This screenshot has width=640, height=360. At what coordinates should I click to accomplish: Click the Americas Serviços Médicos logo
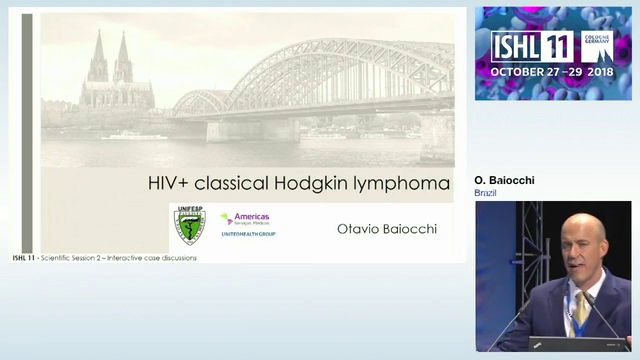click(246, 223)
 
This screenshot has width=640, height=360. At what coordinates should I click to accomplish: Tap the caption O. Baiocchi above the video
click(504, 180)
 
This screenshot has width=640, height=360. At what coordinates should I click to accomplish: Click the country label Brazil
click(487, 192)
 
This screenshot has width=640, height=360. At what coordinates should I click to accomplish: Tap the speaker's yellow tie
click(581, 311)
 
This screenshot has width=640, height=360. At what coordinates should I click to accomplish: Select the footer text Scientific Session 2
click(95, 258)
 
